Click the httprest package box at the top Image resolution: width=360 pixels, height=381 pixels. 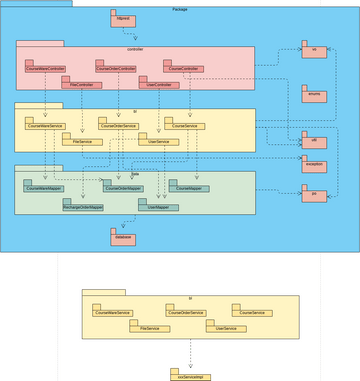(x=117, y=20)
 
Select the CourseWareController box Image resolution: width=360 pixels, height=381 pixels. (x=45, y=68)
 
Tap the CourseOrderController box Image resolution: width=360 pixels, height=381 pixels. (x=114, y=68)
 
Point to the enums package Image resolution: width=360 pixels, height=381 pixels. (x=314, y=92)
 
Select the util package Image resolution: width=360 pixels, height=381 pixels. (x=314, y=142)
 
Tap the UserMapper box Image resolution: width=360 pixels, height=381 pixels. (x=157, y=207)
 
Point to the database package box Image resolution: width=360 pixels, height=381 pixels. (x=123, y=239)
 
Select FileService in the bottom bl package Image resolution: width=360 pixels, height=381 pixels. (x=149, y=329)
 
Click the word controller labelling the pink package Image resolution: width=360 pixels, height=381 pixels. (x=136, y=48)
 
